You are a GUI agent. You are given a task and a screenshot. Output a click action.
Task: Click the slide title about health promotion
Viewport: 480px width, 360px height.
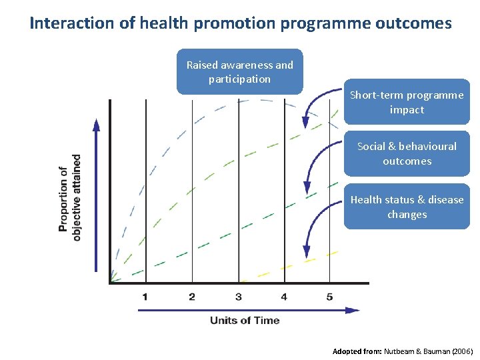click(x=240, y=24)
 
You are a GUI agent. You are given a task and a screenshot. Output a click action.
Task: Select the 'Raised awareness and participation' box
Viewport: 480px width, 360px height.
click(x=239, y=72)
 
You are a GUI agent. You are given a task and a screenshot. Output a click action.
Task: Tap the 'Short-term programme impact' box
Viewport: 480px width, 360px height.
click(x=407, y=102)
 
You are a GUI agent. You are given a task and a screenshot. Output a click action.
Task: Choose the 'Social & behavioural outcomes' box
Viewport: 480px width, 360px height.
click(x=407, y=153)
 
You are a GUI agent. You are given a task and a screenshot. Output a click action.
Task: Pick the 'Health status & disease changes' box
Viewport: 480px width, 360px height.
click(x=407, y=207)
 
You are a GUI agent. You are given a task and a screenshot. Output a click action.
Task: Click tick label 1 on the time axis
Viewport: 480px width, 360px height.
click(x=145, y=296)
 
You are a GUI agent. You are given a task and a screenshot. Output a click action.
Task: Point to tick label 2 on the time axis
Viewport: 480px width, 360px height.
click(x=192, y=296)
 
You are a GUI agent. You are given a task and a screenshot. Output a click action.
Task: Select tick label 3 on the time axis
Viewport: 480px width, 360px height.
click(x=238, y=296)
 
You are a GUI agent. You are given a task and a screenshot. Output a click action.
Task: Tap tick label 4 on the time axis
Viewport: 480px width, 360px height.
click(x=284, y=296)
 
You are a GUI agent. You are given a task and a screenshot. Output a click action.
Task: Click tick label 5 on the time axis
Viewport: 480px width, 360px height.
click(x=329, y=296)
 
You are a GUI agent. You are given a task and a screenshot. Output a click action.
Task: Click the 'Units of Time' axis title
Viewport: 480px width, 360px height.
click(x=245, y=320)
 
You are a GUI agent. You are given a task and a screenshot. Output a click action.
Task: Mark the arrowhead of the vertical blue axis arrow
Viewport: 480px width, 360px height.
click(x=97, y=125)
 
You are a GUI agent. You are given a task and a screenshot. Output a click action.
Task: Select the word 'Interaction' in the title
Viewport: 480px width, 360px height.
click(x=63, y=24)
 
